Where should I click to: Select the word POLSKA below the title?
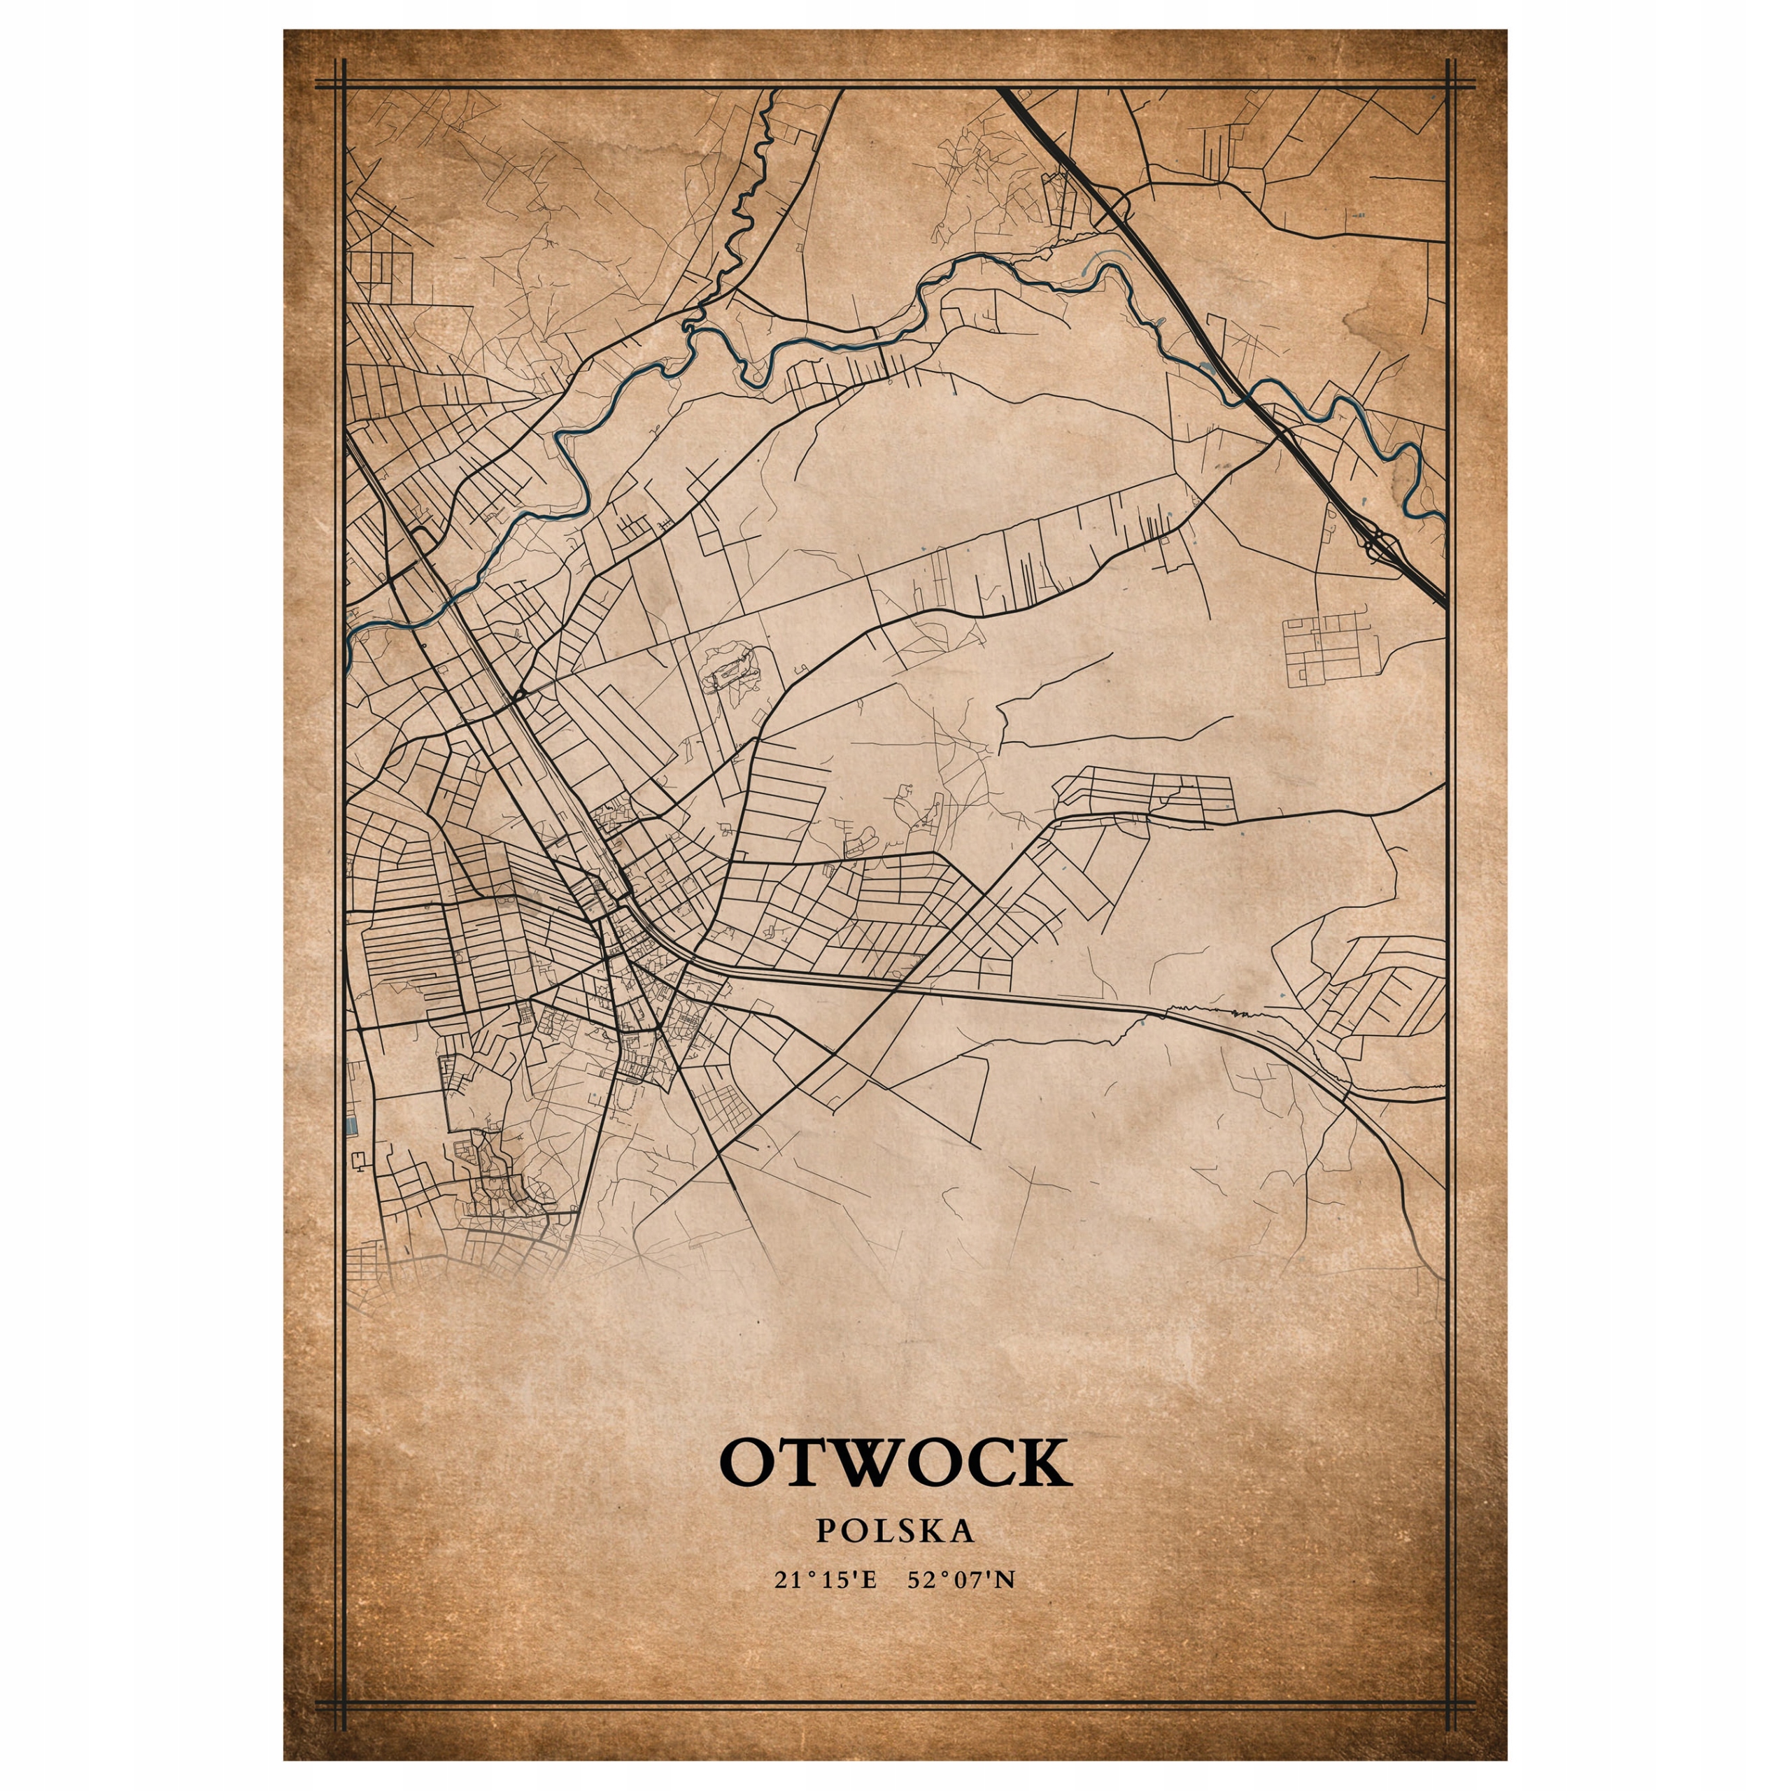coord(895,1529)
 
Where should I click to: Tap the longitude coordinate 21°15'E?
coord(825,1580)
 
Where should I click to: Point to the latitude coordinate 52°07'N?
coord(963,1580)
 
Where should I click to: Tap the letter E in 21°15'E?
coord(868,1580)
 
